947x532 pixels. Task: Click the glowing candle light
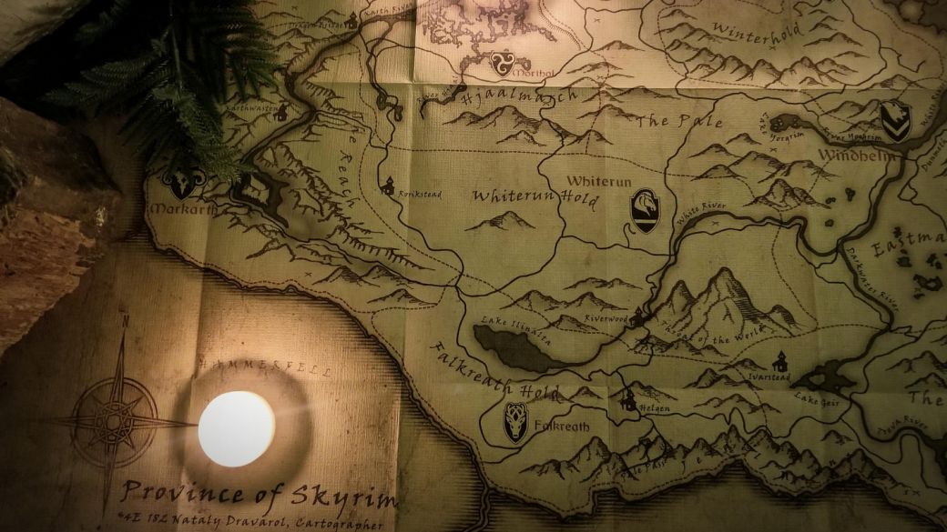tap(236, 428)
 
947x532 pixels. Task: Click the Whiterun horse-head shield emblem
tap(645, 210)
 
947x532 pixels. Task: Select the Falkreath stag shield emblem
tap(516, 422)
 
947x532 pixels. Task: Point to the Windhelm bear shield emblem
tap(895, 120)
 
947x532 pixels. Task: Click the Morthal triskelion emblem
tap(499, 63)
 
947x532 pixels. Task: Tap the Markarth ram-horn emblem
tap(182, 185)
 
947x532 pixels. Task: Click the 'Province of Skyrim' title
tap(260, 497)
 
